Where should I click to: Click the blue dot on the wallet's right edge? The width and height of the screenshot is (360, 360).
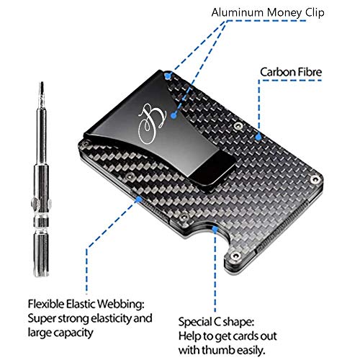(258, 134)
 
